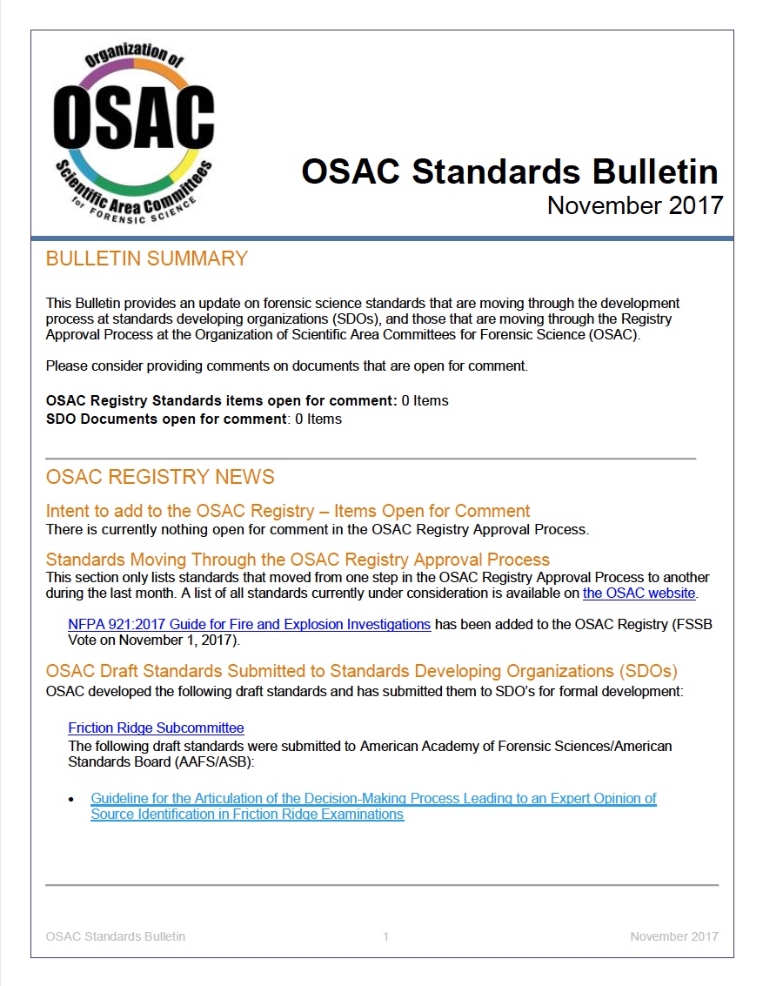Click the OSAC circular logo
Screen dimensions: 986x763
(x=133, y=130)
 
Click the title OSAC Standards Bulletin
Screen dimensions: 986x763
(x=510, y=171)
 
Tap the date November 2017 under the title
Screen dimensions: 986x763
(x=634, y=205)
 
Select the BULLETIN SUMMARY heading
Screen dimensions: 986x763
(x=146, y=258)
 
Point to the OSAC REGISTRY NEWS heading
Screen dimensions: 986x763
(x=160, y=477)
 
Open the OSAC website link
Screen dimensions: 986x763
(x=639, y=594)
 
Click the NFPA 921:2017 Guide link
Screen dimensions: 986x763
(x=249, y=624)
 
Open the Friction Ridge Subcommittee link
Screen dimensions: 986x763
(x=156, y=728)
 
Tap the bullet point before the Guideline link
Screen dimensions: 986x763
(x=72, y=799)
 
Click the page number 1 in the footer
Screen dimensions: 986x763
(x=385, y=936)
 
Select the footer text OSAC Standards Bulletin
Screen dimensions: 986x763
(x=115, y=936)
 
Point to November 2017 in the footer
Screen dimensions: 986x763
(x=674, y=936)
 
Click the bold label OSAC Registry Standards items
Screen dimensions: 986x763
(x=221, y=401)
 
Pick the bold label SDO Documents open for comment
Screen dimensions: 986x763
(x=166, y=419)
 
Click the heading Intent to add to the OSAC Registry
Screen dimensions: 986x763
(x=287, y=511)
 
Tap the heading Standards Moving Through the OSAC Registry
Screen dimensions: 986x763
(x=298, y=559)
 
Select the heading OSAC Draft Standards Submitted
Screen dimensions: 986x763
(x=361, y=671)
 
